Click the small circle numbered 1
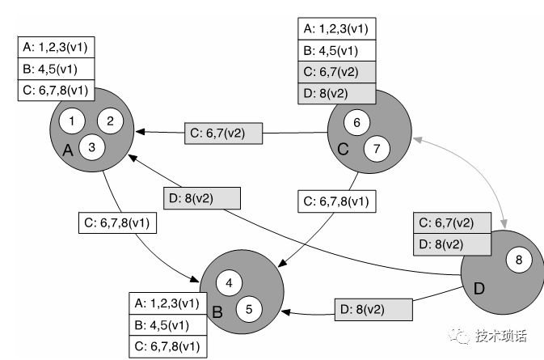tap(72, 121)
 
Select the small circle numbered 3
tap(92, 146)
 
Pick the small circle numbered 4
tap(230, 282)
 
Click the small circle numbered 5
tap(249, 307)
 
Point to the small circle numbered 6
tap(356, 122)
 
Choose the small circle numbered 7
tap(377, 148)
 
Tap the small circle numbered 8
tap(518, 260)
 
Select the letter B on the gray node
tap(217, 310)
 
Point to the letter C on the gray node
tap(342, 149)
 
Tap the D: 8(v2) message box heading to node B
tap(373, 309)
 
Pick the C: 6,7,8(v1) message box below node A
tap(117, 222)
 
